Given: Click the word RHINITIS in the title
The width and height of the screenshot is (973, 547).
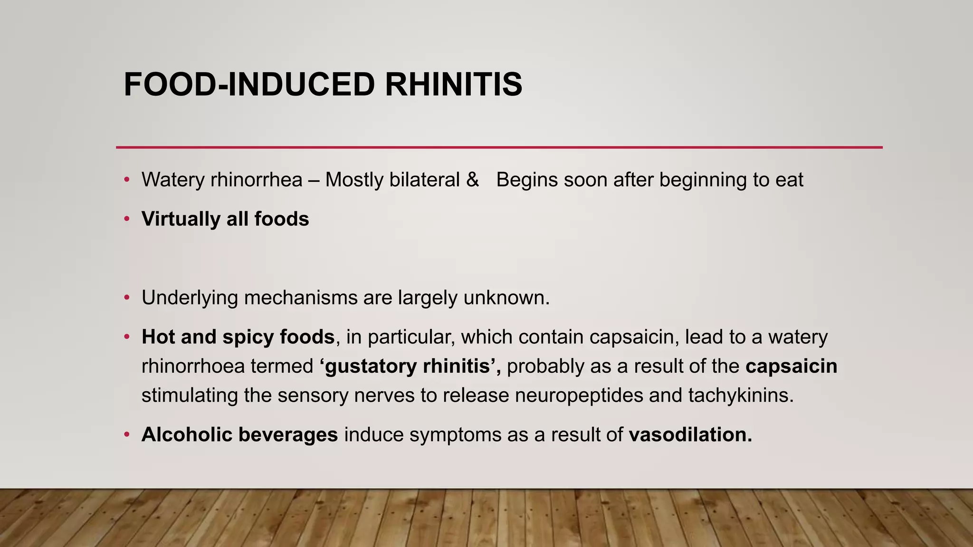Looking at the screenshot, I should tap(453, 85).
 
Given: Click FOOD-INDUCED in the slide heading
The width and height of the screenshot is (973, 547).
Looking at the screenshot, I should tap(249, 85).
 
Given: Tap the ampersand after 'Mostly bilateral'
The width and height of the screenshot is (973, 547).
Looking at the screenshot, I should tap(472, 180).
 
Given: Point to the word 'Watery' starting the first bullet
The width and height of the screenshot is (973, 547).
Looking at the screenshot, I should tap(173, 180).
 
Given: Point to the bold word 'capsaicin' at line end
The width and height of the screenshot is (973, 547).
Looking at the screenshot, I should tap(791, 366).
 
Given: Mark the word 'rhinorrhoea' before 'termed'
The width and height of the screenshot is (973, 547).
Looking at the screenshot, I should tap(193, 366).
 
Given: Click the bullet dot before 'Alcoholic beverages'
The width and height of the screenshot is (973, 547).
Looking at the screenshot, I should tap(126, 434).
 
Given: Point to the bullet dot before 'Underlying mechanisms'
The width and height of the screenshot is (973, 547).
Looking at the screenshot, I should tap(126, 298).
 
